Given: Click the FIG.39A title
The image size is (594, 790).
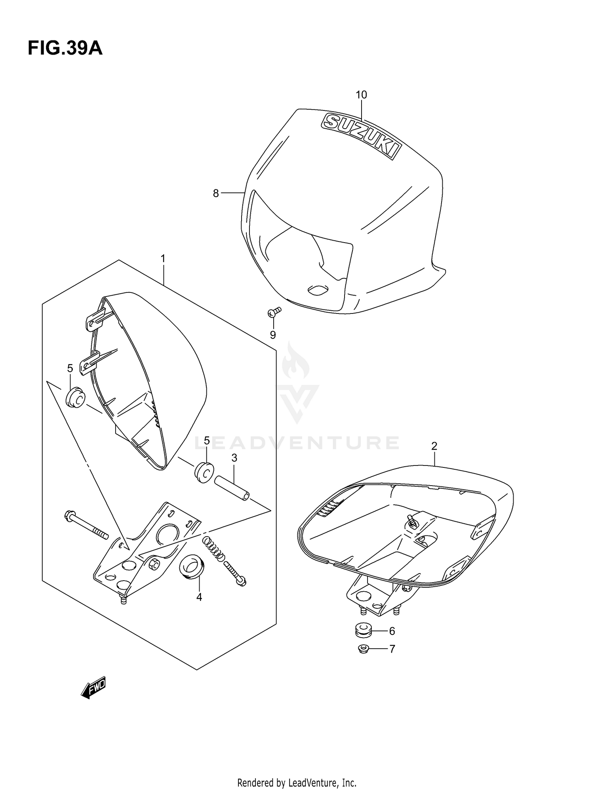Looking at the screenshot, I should click(x=65, y=48).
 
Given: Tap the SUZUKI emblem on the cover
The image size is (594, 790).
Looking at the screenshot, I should click(x=361, y=135).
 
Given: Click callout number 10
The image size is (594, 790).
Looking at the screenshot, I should click(x=361, y=95).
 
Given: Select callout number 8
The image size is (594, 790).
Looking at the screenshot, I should click(x=216, y=194).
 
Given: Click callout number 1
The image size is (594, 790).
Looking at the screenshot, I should click(x=163, y=258).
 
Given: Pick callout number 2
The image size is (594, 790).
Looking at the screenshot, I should click(x=434, y=446).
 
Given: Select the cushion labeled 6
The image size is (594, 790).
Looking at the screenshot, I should click(x=363, y=631).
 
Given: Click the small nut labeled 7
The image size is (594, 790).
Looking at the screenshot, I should click(x=363, y=649).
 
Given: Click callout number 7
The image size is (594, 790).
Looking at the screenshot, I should click(x=392, y=649).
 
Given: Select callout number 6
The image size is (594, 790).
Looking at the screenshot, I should click(x=392, y=631).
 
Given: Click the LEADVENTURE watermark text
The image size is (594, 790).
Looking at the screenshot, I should click(x=297, y=443).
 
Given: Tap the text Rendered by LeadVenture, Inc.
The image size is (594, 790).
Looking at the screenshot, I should click(x=297, y=771).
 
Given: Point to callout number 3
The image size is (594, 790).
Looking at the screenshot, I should click(x=234, y=458).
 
